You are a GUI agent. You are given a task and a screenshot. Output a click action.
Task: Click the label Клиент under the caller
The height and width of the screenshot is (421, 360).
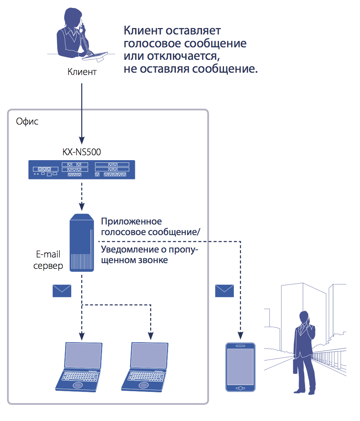82,72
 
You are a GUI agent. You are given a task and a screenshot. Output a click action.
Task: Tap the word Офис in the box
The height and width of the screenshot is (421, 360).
27,122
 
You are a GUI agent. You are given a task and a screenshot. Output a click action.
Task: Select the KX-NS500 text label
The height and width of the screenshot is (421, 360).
82,152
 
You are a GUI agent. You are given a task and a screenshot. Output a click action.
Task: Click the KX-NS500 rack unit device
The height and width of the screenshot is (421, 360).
82,169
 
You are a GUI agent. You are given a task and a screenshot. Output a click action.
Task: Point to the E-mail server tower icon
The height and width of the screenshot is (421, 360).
82,242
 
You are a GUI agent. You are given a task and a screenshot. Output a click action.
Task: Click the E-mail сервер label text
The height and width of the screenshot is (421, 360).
48,260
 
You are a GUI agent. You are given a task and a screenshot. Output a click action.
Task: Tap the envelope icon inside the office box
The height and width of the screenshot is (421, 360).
62,291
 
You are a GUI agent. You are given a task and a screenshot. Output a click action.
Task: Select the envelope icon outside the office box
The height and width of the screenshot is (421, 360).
224,291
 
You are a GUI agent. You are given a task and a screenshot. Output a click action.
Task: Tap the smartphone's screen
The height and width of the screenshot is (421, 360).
240,366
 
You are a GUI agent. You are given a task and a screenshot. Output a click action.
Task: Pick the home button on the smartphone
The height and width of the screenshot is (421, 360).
240,388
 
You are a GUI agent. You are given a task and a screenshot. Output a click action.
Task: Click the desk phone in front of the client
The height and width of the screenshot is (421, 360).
95,55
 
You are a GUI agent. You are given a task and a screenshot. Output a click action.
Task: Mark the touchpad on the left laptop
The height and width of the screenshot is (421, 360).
77,385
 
